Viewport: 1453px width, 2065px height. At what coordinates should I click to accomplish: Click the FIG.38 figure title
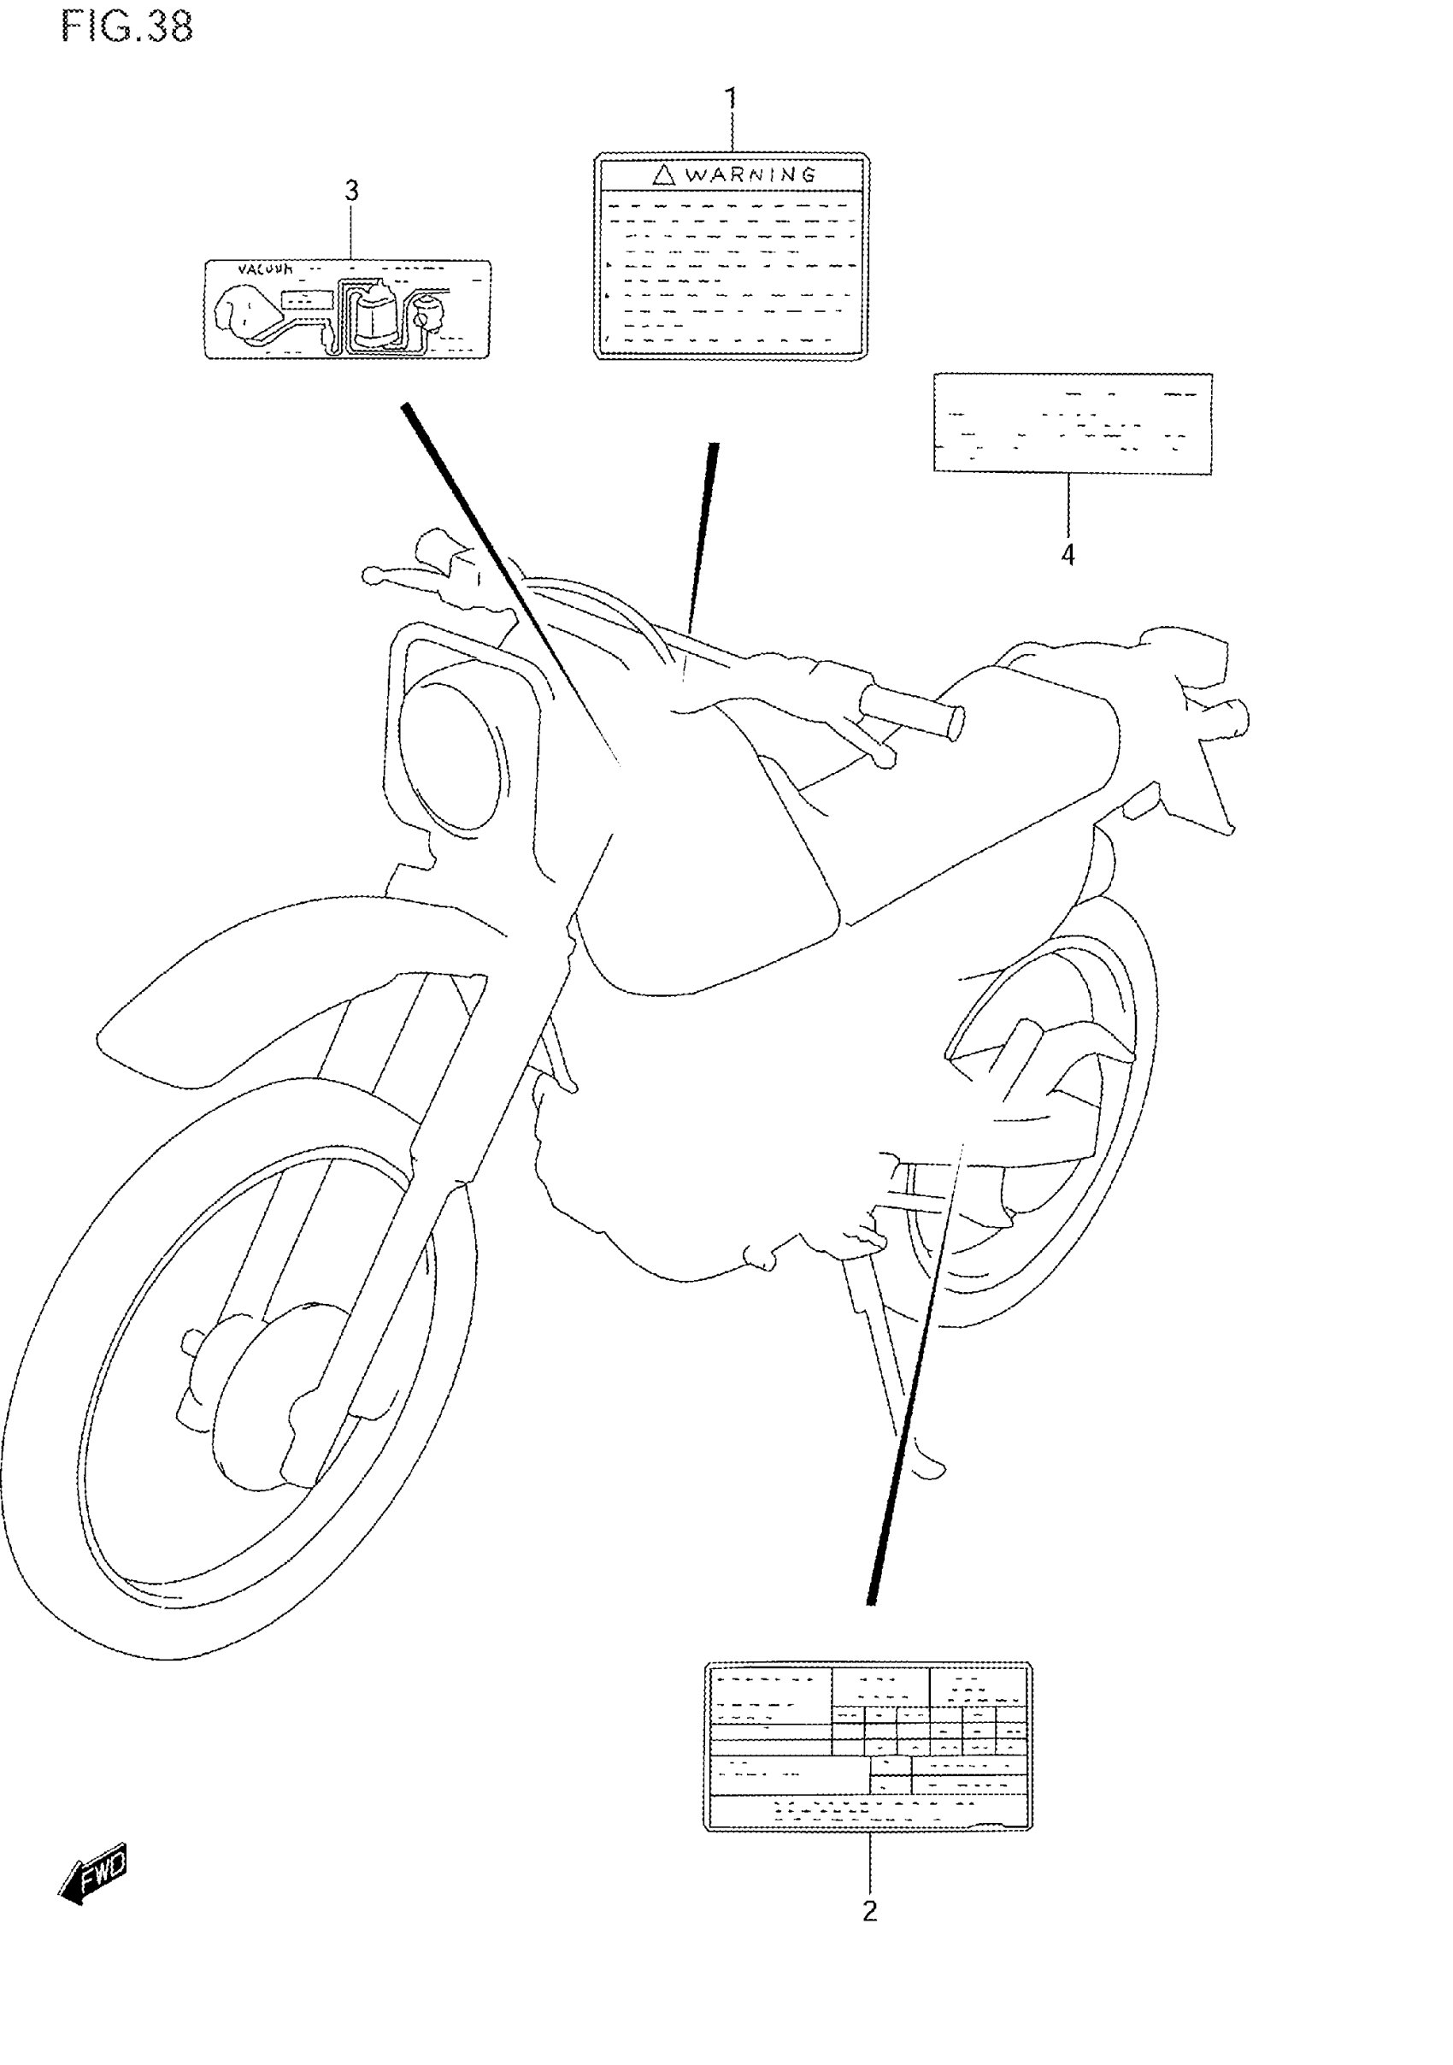point(126,28)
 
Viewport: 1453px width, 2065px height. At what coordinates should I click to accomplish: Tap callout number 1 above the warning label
point(731,98)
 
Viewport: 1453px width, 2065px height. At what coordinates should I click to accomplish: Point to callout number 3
point(351,191)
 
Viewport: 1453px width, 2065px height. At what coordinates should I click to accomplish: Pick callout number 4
point(1068,555)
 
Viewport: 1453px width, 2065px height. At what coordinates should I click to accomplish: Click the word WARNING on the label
point(750,174)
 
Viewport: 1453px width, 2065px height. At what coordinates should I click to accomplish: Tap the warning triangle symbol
point(663,174)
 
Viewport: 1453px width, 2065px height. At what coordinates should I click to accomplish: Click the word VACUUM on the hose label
point(265,268)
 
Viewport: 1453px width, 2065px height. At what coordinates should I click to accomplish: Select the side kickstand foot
point(927,1469)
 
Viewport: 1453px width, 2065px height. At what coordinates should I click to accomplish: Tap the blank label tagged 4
point(1073,422)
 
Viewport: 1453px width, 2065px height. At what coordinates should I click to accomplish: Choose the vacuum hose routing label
point(348,310)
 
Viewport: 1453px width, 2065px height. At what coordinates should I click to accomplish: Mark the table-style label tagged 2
point(868,1746)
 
